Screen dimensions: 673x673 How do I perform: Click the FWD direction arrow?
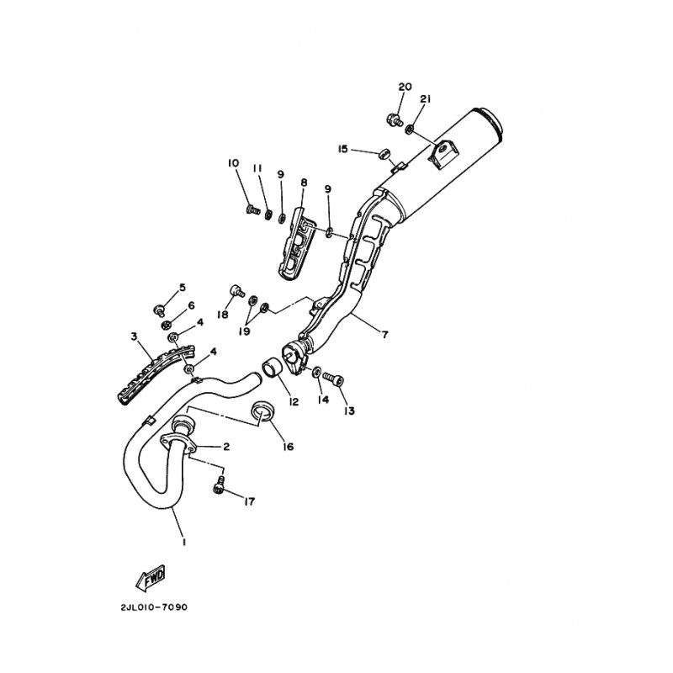pyautogui.click(x=151, y=578)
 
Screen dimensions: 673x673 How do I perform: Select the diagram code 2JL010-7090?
pyautogui.click(x=154, y=607)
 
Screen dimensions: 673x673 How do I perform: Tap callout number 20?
pyautogui.click(x=405, y=87)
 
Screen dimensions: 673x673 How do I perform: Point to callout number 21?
pyautogui.click(x=425, y=99)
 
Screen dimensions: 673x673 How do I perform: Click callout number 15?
pyautogui.click(x=342, y=150)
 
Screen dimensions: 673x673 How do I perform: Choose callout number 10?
pyautogui.click(x=233, y=163)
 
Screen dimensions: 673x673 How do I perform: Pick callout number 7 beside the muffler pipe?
pyautogui.click(x=384, y=334)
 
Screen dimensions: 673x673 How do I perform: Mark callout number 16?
pyautogui.click(x=289, y=447)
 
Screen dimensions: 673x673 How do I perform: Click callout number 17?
pyautogui.click(x=249, y=501)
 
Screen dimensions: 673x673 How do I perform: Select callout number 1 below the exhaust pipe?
pyautogui.click(x=183, y=542)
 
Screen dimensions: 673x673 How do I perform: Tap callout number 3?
pyautogui.click(x=134, y=336)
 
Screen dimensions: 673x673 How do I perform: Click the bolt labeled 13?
pyautogui.click(x=333, y=379)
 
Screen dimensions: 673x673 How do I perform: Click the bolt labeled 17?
pyautogui.click(x=219, y=485)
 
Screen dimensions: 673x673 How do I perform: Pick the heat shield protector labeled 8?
pyautogui.click(x=295, y=243)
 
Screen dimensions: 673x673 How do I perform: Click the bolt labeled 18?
pyautogui.click(x=237, y=290)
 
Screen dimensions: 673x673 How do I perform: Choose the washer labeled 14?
pyautogui.click(x=316, y=371)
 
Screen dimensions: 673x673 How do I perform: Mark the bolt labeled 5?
pyautogui.click(x=159, y=309)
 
